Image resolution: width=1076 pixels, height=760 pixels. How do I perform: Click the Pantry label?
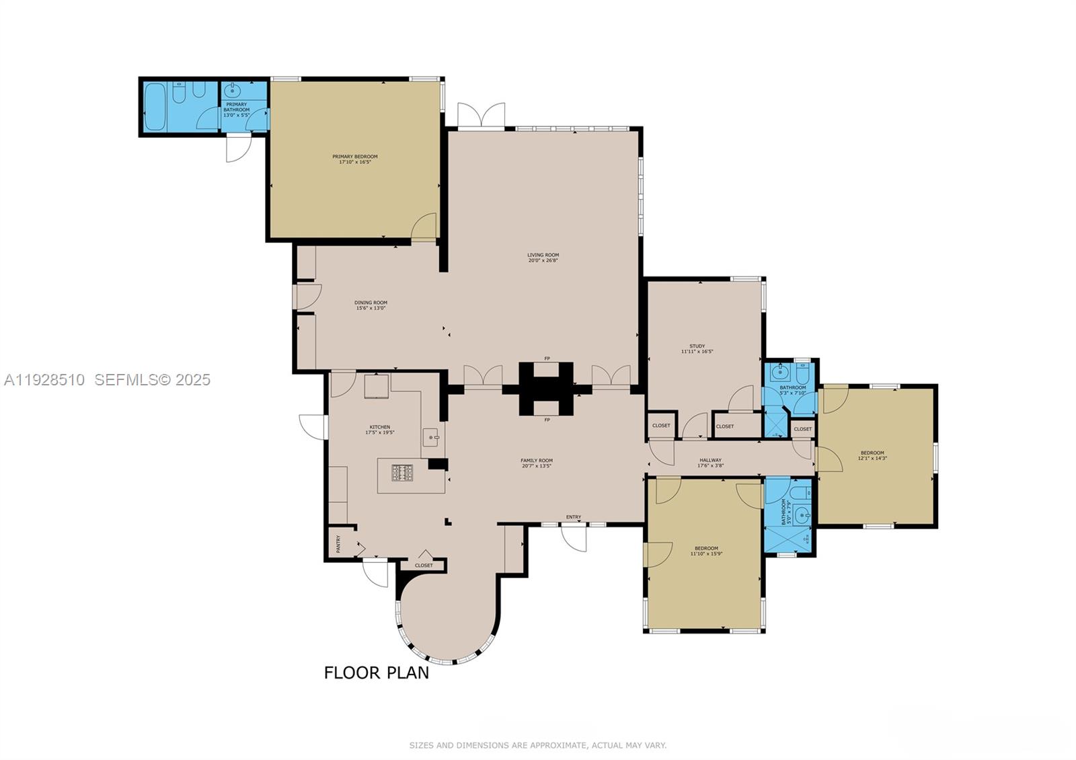tap(338, 543)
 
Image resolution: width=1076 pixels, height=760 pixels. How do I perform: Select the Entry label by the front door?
tap(573, 517)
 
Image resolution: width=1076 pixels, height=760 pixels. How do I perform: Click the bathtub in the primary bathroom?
tap(155, 106)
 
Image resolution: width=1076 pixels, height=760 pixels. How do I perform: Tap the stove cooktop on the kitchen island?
tap(402, 473)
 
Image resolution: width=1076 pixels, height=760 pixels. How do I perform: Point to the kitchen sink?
tap(430, 438)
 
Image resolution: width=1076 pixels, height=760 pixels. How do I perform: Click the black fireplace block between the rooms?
tap(546, 389)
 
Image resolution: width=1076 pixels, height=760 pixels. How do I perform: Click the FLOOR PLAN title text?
tap(377, 673)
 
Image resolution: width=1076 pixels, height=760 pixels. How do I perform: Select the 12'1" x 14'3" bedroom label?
tap(872, 455)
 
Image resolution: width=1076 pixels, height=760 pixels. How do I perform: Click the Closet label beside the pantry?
tap(424, 566)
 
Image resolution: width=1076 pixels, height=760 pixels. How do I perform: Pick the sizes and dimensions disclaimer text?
tap(538, 745)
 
